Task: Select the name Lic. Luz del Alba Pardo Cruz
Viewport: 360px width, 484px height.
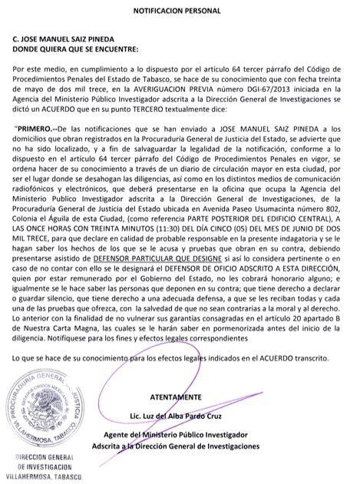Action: tap(178, 415)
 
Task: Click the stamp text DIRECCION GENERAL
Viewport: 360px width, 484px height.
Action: tap(41, 456)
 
